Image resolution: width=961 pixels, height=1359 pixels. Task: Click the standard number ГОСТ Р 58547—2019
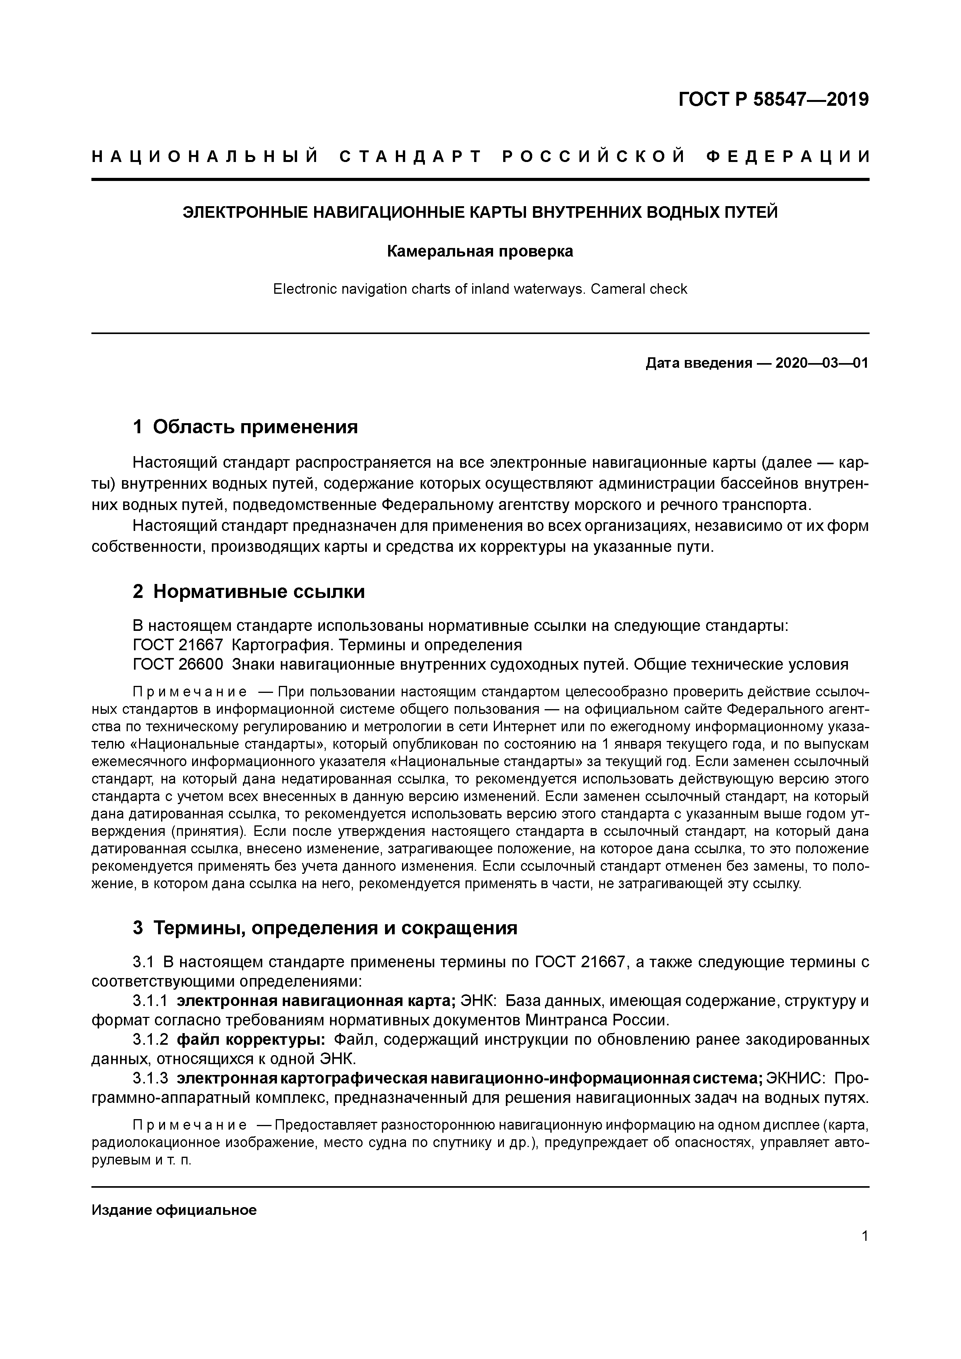(x=774, y=100)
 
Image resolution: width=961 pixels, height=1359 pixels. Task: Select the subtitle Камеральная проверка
(x=480, y=251)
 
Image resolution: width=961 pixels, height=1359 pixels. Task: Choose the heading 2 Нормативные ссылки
(x=249, y=592)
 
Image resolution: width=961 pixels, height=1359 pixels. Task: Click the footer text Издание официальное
(x=174, y=1210)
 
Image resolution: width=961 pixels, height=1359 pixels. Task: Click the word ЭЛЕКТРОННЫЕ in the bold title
(x=246, y=212)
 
